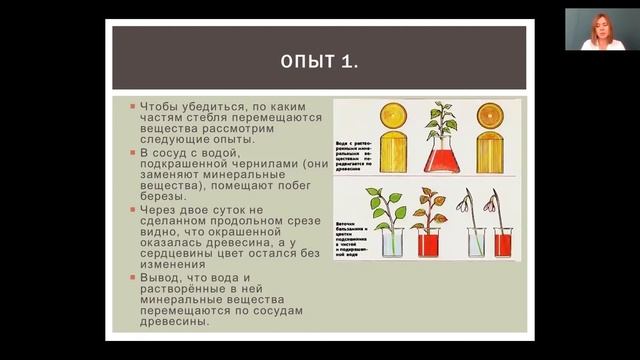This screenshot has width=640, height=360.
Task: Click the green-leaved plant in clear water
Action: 385,215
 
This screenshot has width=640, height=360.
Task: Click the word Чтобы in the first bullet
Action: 160,106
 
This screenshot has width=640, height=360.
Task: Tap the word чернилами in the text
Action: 268,165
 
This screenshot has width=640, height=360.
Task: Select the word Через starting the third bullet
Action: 159,211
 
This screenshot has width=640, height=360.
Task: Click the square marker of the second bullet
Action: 131,153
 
